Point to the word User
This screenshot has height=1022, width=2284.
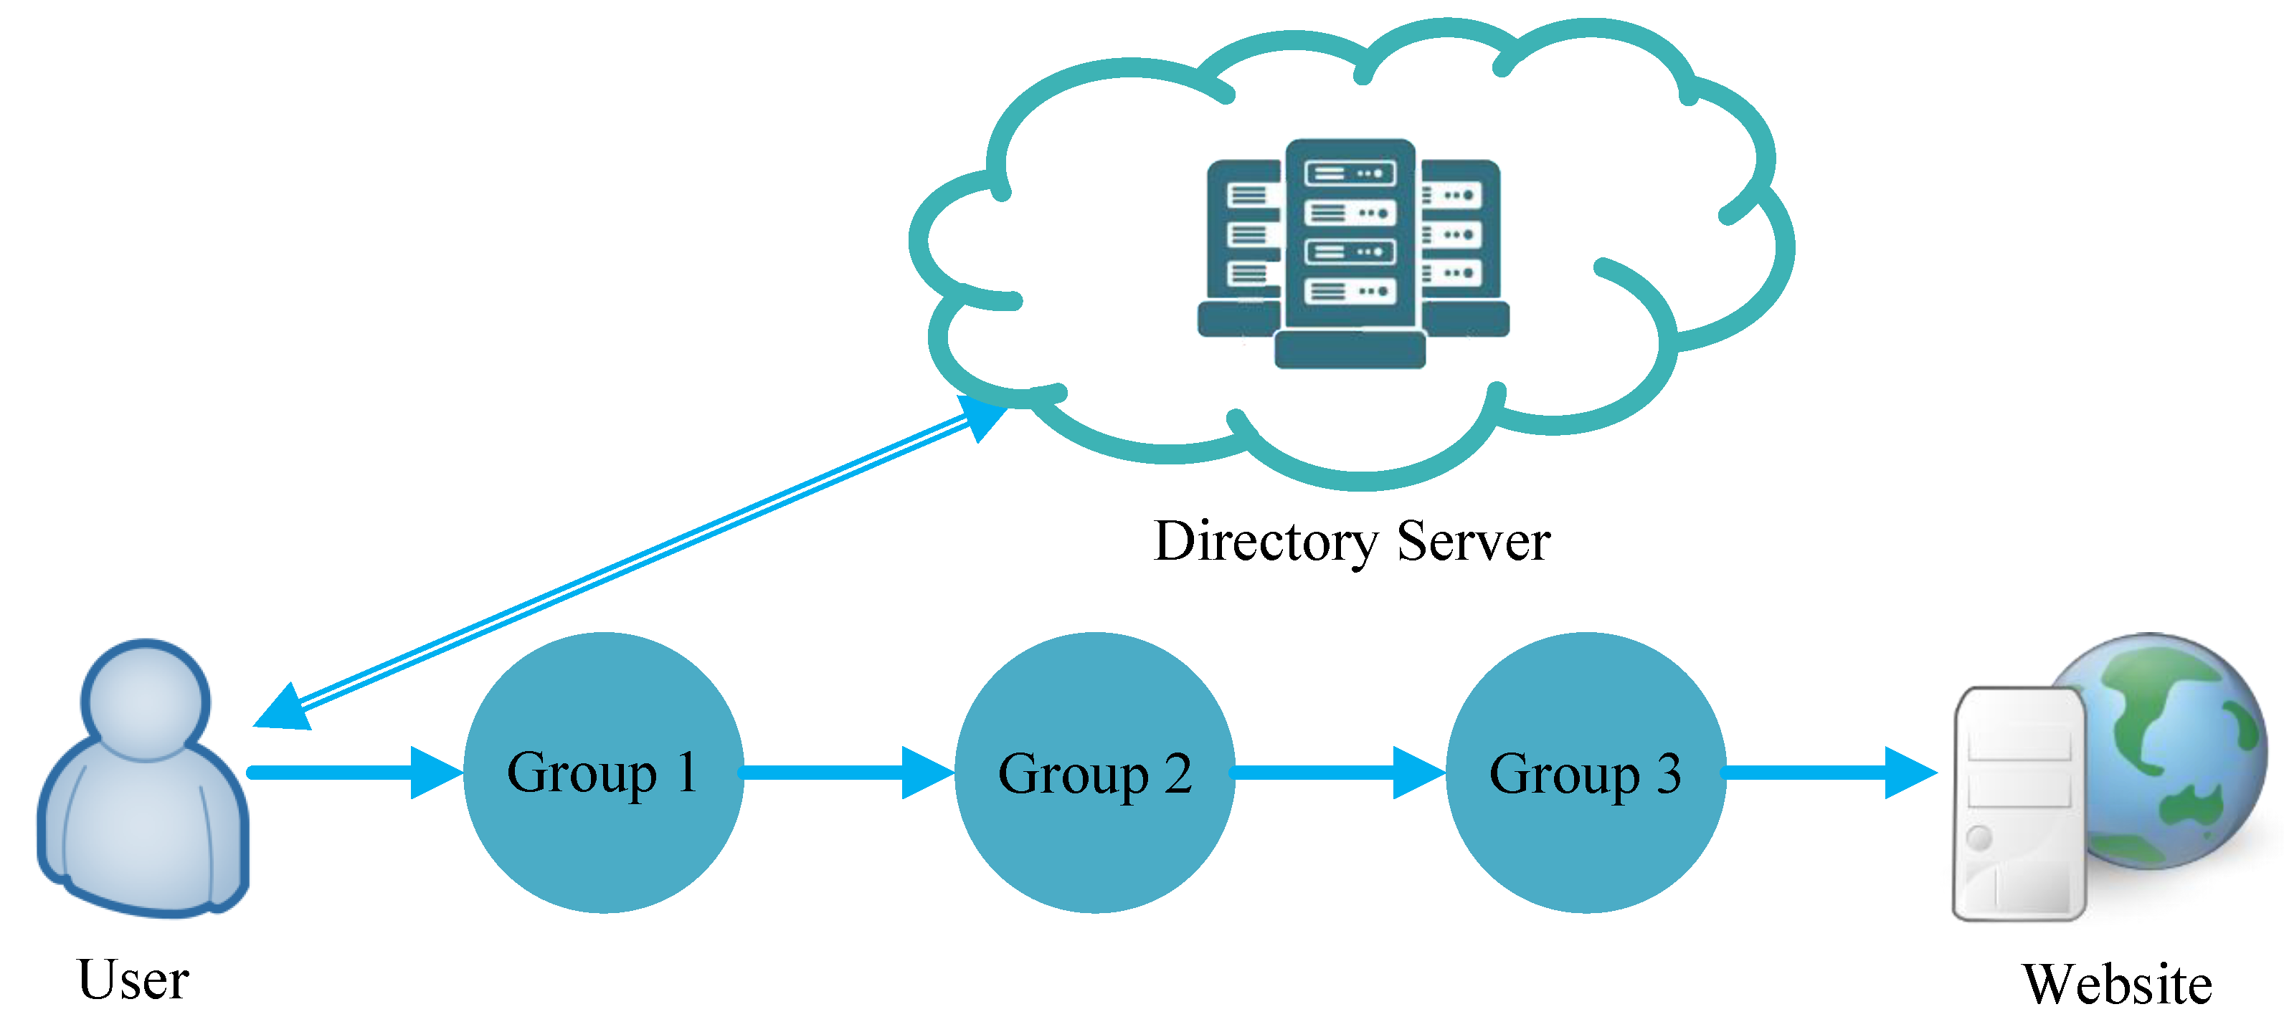tap(133, 980)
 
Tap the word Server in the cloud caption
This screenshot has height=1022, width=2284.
tap(1474, 540)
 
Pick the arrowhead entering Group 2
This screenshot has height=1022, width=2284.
tap(927, 773)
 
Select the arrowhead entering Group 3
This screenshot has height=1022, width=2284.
tap(1418, 773)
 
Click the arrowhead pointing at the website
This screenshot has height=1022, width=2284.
tap(1910, 773)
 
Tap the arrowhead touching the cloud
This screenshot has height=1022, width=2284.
tap(982, 416)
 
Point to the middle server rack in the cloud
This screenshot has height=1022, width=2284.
tap(1350, 239)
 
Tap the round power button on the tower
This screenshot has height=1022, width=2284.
tap(1979, 837)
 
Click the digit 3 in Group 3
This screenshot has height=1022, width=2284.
tap(1669, 773)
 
